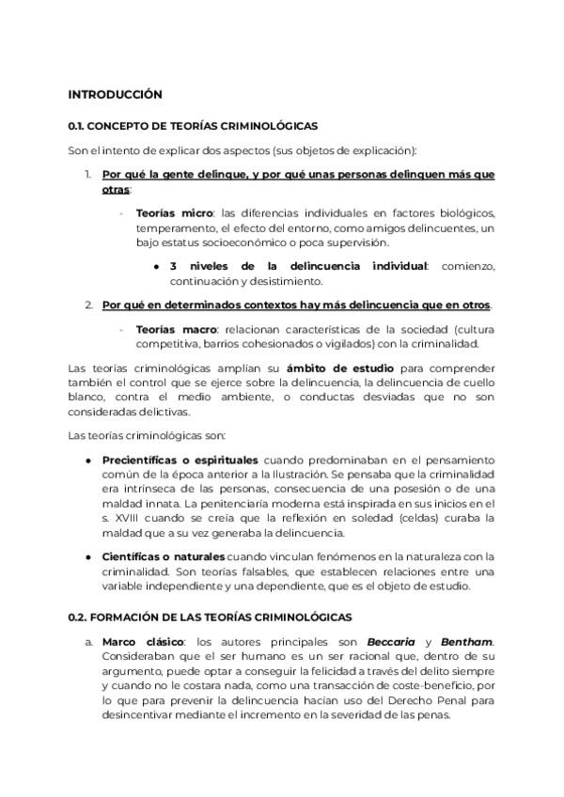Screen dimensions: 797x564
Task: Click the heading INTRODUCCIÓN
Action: point(115,95)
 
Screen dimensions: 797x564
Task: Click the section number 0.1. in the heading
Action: point(77,126)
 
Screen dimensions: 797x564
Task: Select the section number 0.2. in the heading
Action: point(78,617)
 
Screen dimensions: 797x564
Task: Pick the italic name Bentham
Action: point(468,642)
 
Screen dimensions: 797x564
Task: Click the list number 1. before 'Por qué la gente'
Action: point(87,175)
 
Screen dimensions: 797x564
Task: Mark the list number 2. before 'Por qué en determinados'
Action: point(87,305)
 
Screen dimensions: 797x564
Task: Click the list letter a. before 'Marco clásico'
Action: point(88,642)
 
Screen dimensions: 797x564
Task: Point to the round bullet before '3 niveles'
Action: point(155,267)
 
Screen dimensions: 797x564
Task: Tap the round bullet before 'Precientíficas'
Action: point(88,461)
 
